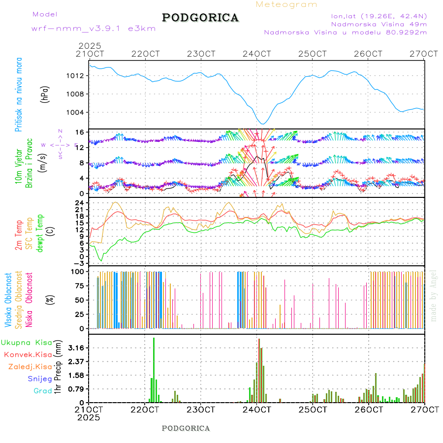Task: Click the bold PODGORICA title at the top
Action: [x=200, y=18]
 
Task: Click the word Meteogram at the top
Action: [x=287, y=4]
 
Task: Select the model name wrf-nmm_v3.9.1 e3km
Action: [x=94, y=29]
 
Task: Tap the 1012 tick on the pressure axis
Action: [x=79, y=76]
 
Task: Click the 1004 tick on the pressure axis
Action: [x=79, y=112]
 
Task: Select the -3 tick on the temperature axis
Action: [x=81, y=263]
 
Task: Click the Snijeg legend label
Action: [x=40, y=379]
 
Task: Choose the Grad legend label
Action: [x=43, y=391]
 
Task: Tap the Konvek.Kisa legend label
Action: [x=28, y=354]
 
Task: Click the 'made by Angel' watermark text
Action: [x=434, y=295]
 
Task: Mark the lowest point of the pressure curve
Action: [x=263, y=124]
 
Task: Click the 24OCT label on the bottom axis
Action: [x=256, y=410]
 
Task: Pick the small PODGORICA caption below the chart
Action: [x=186, y=428]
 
